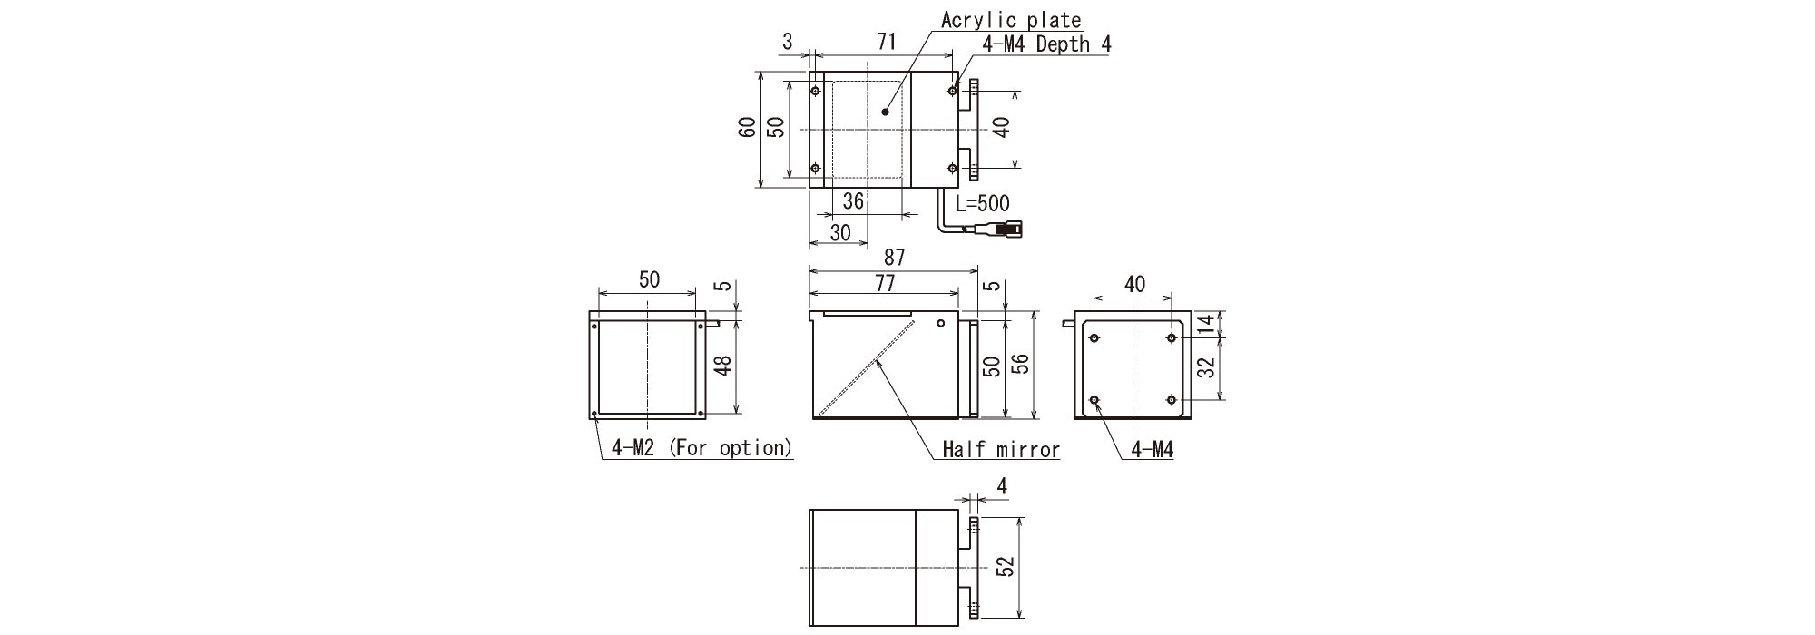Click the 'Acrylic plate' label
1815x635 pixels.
coord(1010,20)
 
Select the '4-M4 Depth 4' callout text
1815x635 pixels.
coord(1046,44)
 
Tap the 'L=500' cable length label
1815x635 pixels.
coord(982,203)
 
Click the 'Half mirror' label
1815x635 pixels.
coord(1000,449)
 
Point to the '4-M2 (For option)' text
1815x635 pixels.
coord(701,447)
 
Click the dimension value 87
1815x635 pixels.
coord(894,259)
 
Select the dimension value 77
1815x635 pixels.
coord(885,283)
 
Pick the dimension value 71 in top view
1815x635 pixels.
coord(887,41)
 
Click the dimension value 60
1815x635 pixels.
coord(747,127)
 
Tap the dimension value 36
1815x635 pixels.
coord(853,200)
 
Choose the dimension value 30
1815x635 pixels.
coord(840,232)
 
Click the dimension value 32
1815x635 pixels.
coord(1206,367)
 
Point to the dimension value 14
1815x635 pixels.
coord(1206,325)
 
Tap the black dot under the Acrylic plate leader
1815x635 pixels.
coord(885,112)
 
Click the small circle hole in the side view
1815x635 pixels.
coord(941,323)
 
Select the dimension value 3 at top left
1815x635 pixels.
coord(787,41)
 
